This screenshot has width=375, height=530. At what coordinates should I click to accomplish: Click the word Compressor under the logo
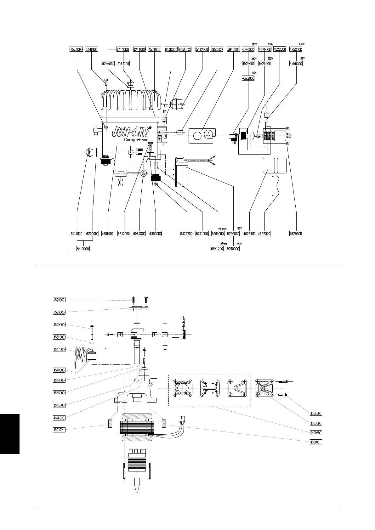[x=136, y=140]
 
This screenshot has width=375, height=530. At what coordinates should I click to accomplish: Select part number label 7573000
[x=76, y=49]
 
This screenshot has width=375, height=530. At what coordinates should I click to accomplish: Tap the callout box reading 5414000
[x=123, y=49]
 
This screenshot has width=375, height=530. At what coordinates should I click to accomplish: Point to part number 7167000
[x=123, y=64]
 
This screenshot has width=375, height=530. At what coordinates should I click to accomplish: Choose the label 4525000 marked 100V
[x=248, y=78]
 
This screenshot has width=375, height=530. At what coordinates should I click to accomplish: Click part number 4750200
[x=296, y=64]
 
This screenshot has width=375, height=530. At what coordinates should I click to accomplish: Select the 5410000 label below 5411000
[x=83, y=249]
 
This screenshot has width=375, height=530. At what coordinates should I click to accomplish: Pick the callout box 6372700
[x=186, y=234]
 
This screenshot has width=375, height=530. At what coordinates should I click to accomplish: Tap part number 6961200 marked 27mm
[x=217, y=249]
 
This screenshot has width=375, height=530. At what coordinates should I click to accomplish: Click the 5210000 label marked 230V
[x=233, y=249]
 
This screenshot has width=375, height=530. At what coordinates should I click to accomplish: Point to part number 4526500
[x=296, y=234]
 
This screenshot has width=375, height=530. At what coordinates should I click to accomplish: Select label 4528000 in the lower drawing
[x=59, y=300]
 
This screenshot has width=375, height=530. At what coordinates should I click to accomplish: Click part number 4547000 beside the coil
[x=59, y=349]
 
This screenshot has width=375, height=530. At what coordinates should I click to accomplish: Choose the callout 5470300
[x=315, y=433]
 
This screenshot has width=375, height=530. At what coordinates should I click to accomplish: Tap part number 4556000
[x=315, y=413]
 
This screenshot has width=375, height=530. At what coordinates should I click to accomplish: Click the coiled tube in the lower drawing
[x=80, y=357]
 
